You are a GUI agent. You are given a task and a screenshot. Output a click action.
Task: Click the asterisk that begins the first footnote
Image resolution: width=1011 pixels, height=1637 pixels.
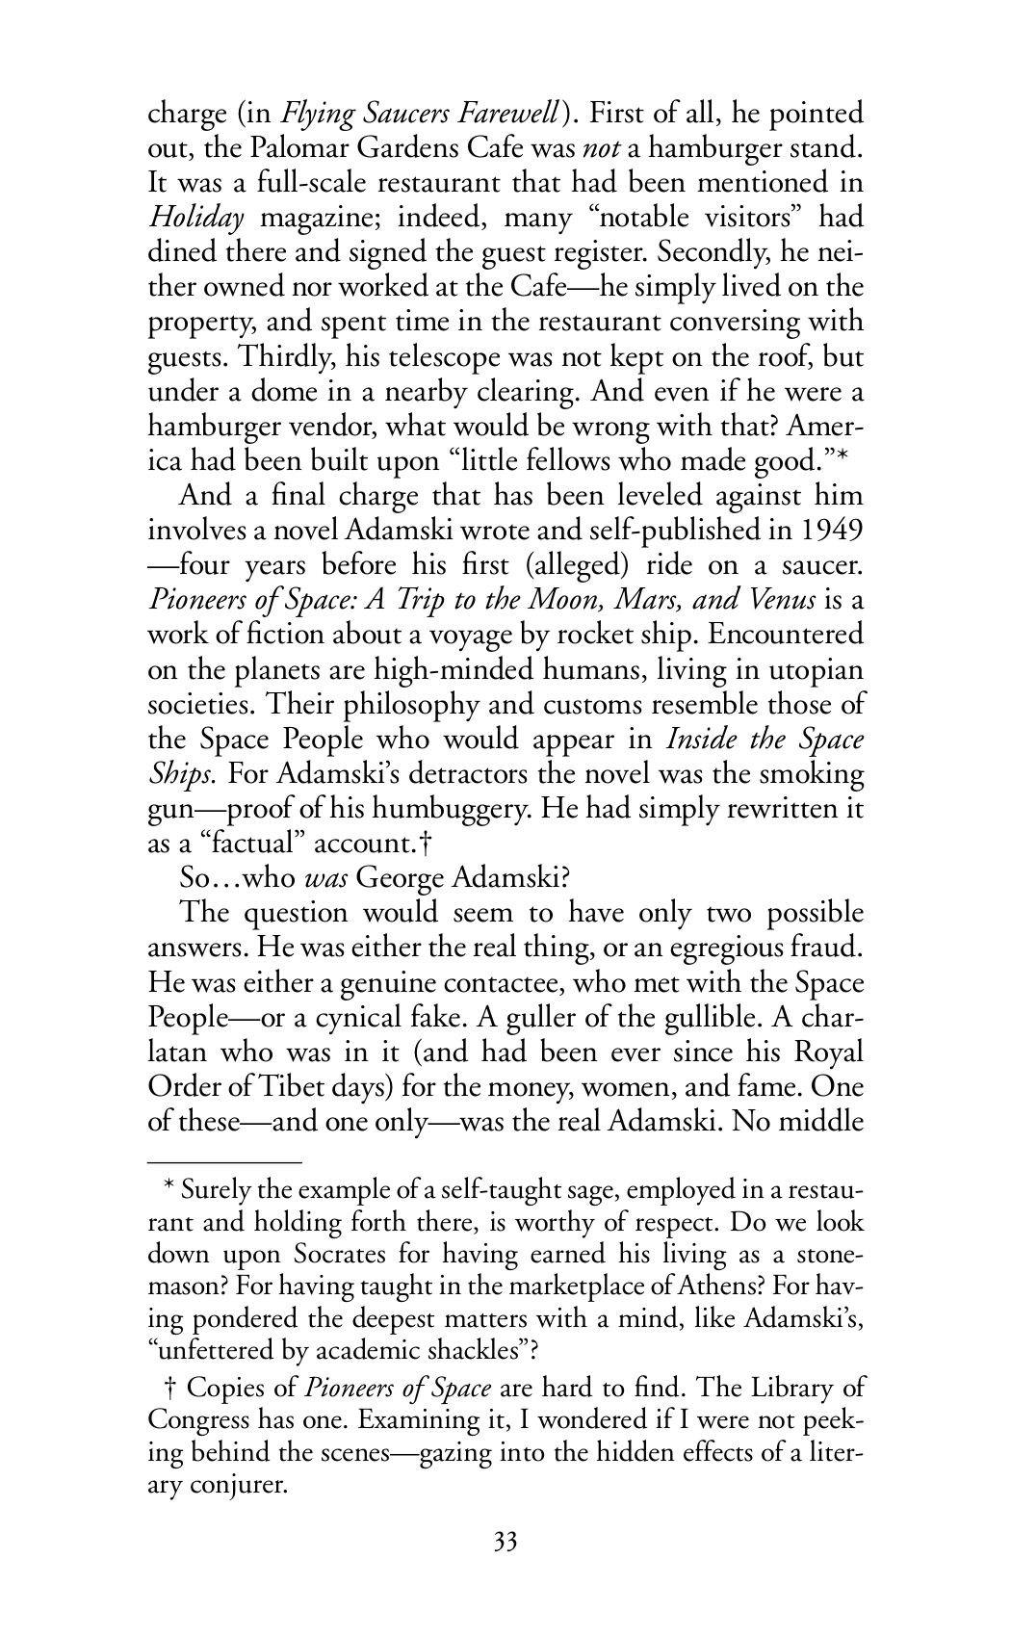168,1188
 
